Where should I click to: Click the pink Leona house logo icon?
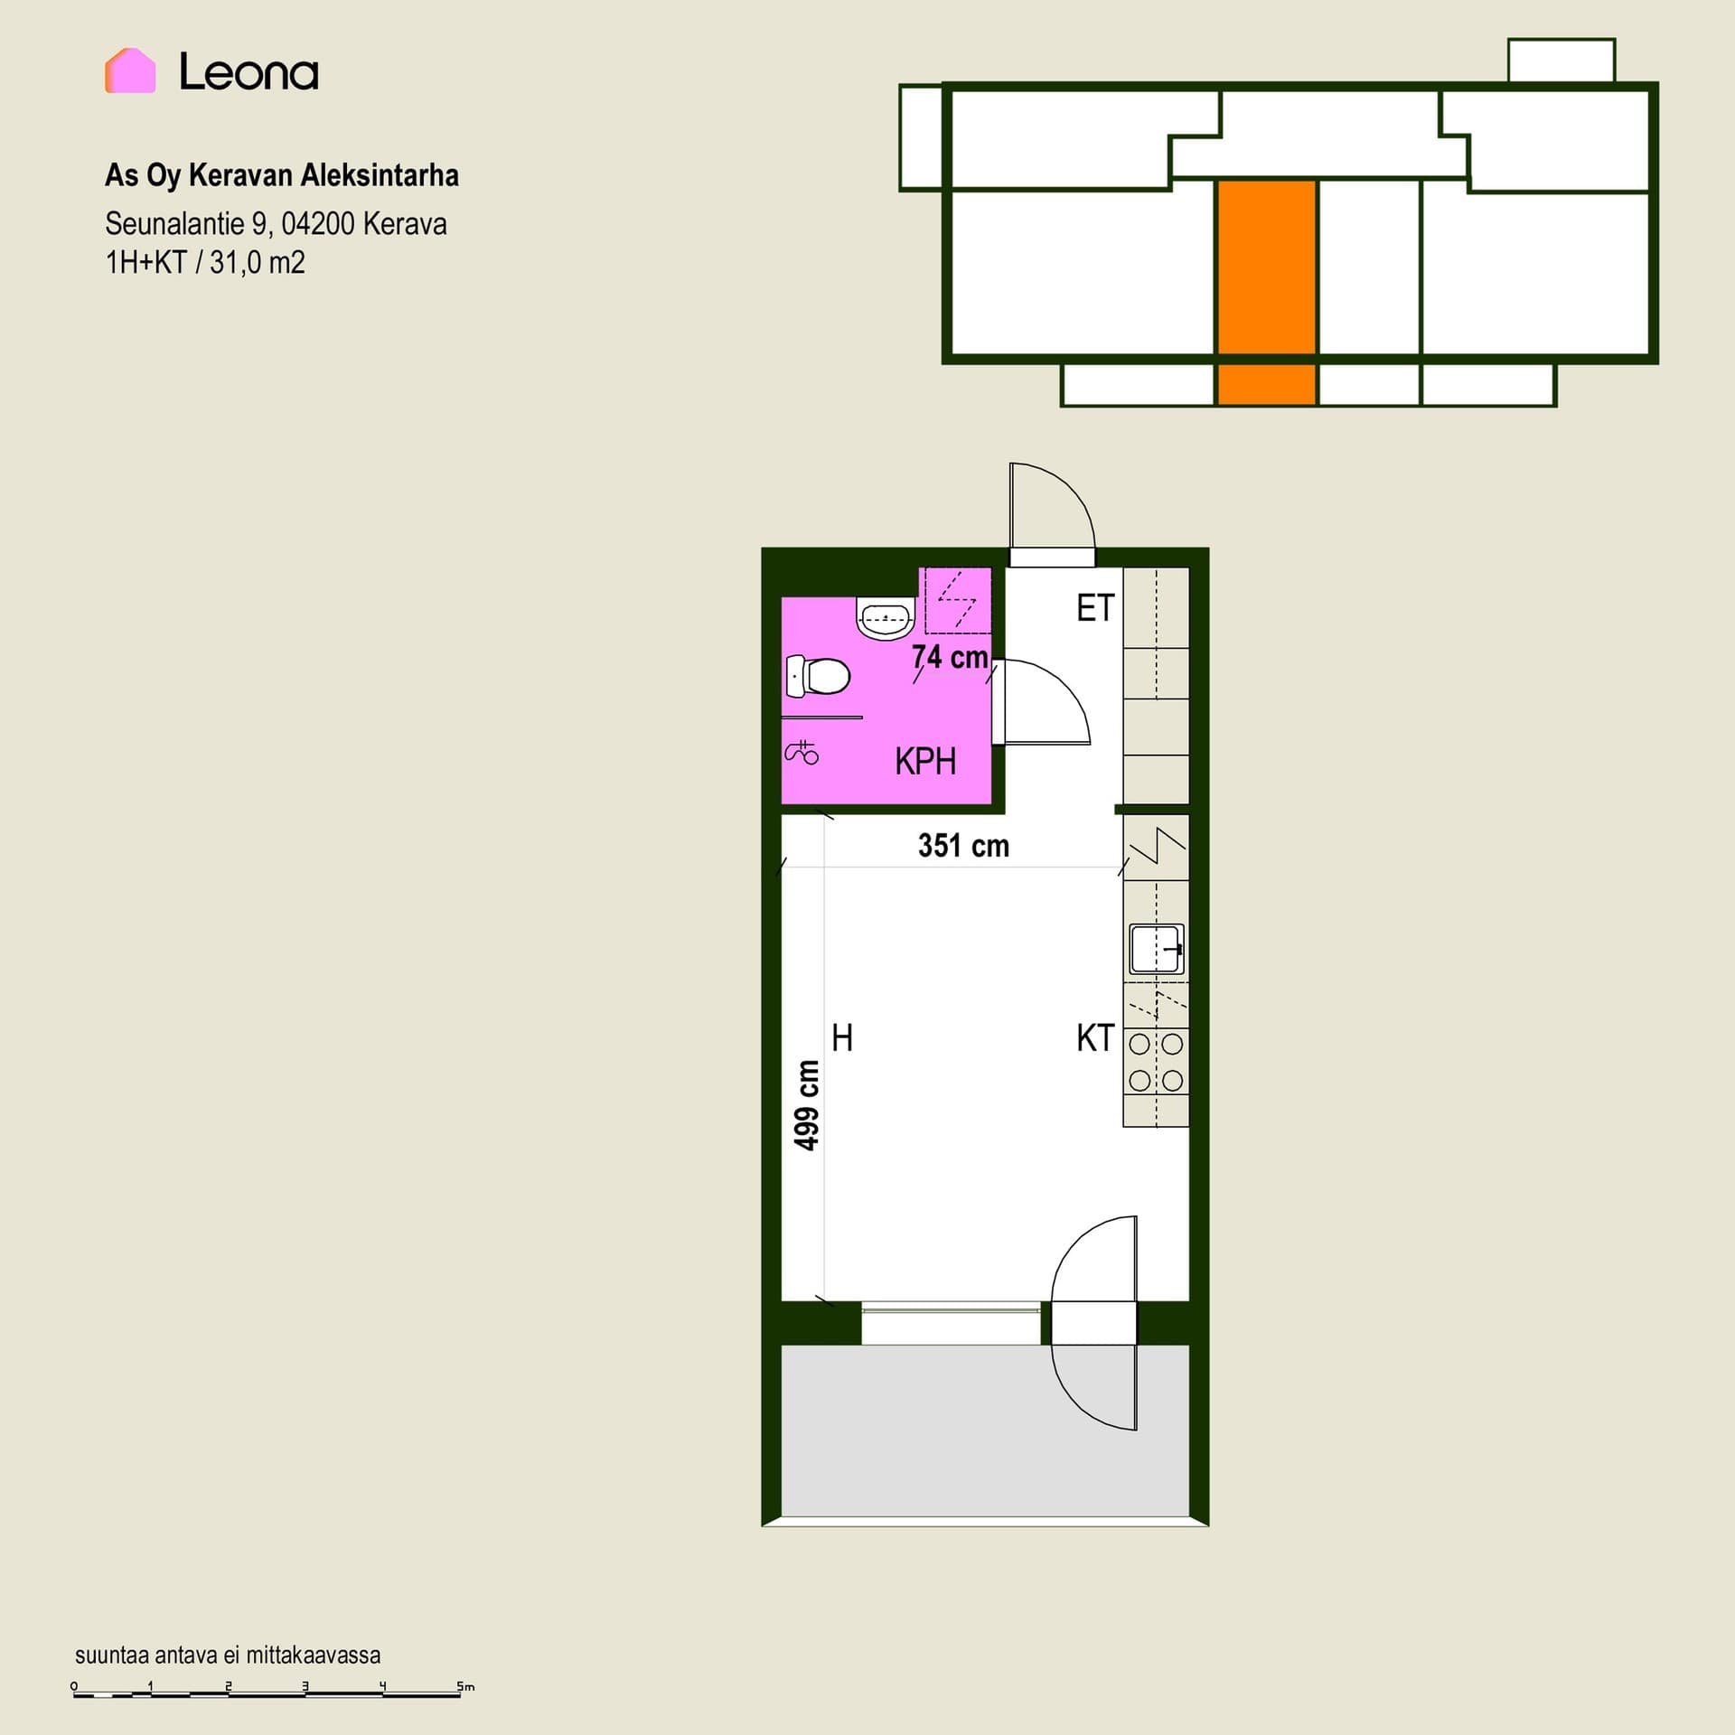(x=130, y=70)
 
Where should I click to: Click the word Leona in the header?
(x=249, y=72)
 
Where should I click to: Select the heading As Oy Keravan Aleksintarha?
(x=282, y=175)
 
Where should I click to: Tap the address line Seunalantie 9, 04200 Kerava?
(x=276, y=223)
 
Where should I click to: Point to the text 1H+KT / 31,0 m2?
(x=205, y=263)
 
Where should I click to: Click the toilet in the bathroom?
(x=818, y=676)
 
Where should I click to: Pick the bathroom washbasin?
(x=886, y=618)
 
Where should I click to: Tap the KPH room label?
(x=925, y=762)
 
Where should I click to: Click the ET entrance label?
(x=1095, y=608)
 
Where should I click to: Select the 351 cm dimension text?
(x=963, y=846)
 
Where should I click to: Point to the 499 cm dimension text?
(x=806, y=1104)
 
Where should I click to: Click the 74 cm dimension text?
(x=950, y=657)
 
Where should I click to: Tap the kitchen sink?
(x=1157, y=949)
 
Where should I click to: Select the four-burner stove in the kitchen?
(x=1156, y=1062)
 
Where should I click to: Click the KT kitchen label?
(x=1095, y=1038)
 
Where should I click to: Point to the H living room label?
(x=842, y=1038)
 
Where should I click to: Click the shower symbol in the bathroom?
(x=802, y=752)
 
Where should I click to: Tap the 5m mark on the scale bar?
(x=465, y=1686)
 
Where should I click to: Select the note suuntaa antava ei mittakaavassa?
(x=228, y=1655)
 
